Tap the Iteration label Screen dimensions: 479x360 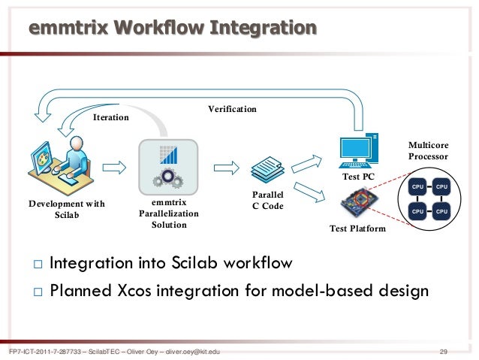point(110,118)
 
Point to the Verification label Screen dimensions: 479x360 point(232,110)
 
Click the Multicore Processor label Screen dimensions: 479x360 point(427,150)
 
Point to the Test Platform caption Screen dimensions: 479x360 point(357,228)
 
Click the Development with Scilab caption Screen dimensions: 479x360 point(66,209)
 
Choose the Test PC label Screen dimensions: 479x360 point(357,177)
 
